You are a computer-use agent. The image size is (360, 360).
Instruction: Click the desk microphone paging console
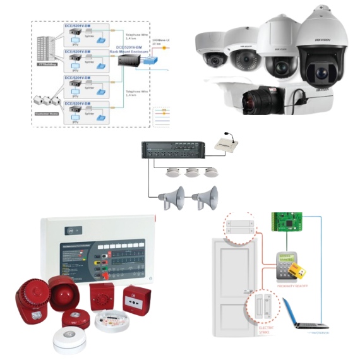click(x=228, y=143)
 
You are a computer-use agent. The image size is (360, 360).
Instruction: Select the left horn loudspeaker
click(x=171, y=197)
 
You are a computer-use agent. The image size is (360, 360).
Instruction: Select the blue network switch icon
click(x=152, y=62)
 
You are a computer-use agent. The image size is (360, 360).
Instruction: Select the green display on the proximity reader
click(x=285, y=259)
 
